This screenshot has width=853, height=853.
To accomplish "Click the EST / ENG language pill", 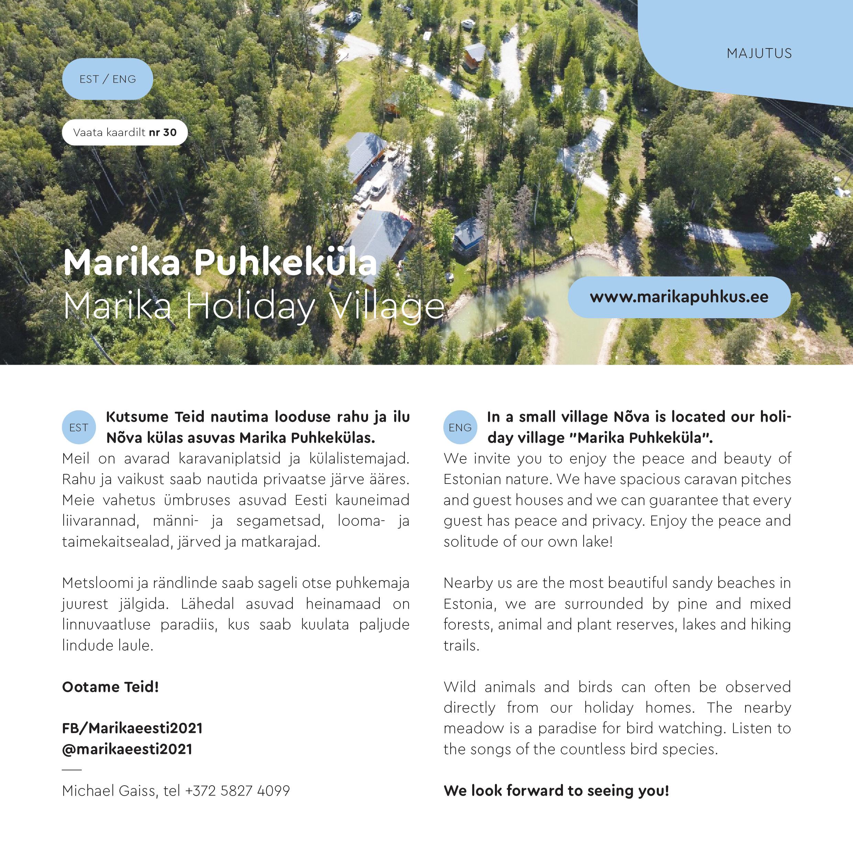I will (107, 79).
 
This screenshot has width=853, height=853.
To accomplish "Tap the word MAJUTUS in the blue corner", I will (759, 53).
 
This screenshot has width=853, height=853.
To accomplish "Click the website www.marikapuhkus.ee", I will (679, 297).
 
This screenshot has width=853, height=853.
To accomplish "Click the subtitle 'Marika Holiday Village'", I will (254, 306).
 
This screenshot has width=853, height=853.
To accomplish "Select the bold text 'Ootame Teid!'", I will (110, 687).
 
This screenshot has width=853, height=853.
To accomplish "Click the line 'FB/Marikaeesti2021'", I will (132, 728).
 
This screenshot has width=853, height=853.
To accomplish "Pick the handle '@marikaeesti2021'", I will (127, 749).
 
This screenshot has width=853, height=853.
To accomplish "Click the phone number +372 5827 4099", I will (237, 790).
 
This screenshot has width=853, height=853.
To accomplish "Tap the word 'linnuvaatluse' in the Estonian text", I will (106, 625).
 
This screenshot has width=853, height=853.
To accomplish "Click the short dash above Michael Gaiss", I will (72, 769).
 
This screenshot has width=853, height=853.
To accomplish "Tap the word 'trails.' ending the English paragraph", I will (461, 645).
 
